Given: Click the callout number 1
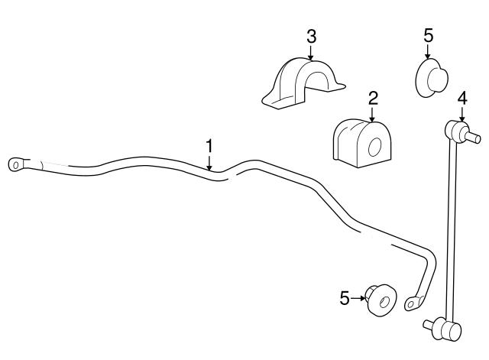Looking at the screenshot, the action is [209, 146].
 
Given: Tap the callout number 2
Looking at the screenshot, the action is [373, 99].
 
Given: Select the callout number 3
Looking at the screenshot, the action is [311, 37].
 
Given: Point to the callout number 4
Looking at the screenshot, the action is [461, 99].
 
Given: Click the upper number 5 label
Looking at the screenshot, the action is [428, 36].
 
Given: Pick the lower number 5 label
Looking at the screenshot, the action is [345, 298].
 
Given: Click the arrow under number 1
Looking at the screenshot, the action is [209, 162].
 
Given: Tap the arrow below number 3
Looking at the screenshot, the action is [311, 52].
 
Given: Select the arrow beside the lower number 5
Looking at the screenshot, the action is [358, 299].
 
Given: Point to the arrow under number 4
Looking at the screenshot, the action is [461, 114].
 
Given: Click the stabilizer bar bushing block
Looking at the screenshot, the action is [361, 143].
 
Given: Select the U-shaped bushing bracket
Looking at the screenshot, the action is [303, 83].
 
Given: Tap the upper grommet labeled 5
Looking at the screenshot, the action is [432, 78].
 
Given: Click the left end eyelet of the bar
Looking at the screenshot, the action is [15, 164].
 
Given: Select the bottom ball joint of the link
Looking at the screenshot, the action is [443, 329].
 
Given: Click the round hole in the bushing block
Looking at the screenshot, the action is [374, 147].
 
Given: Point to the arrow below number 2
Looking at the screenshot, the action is [372, 114].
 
